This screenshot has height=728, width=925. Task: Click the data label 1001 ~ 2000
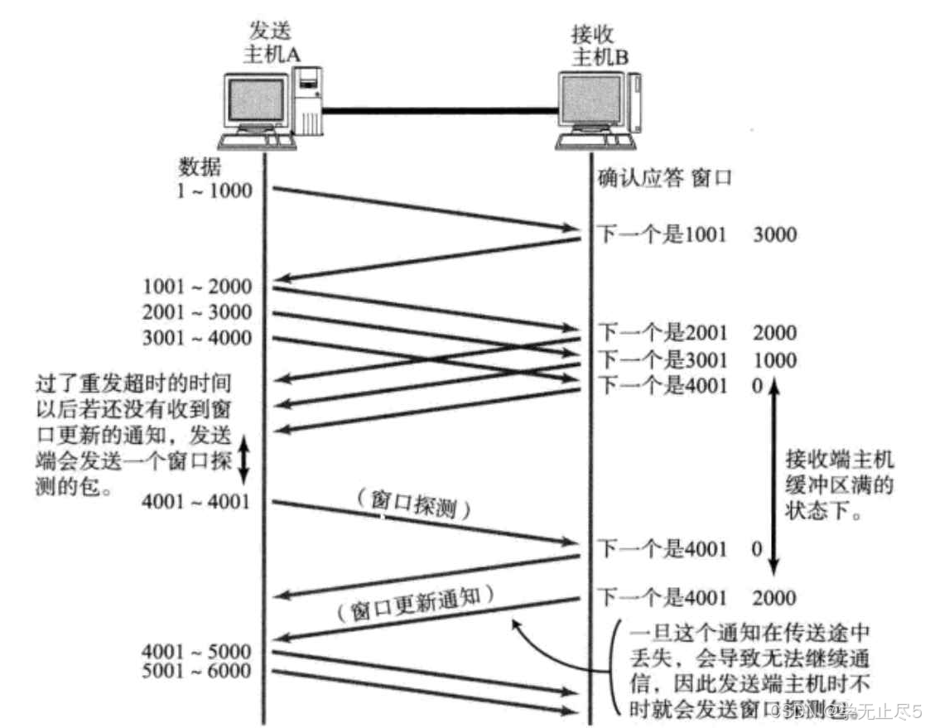(197, 287)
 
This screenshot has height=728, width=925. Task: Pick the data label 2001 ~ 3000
(197, 313)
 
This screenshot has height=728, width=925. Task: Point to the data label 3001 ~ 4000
(197, 338)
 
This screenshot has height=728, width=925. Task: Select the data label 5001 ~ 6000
(197, 670)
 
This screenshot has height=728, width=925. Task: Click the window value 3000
(774, 234)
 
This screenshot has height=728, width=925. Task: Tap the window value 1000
(774, 360)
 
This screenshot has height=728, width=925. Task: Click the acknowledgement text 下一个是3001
(662, 360)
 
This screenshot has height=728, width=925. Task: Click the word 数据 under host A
(200, 166)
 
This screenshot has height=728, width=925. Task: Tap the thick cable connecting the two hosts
(439, 109)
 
